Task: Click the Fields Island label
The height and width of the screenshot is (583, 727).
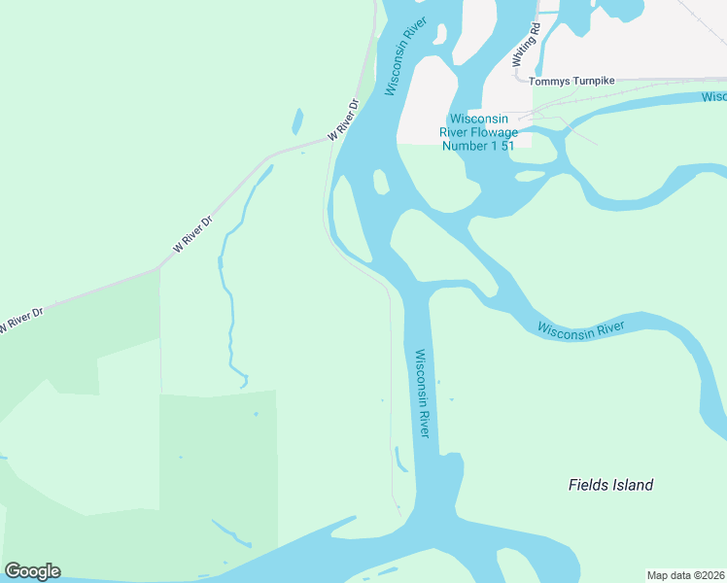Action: (x=610, y=485)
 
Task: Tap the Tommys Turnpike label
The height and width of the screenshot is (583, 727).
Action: (x=571, y=81)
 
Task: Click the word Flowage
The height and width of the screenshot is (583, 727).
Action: (x=494, y=131)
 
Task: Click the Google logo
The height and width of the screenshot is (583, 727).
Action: (x=32, y=570)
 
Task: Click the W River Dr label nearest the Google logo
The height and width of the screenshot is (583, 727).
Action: (x=21, y=320)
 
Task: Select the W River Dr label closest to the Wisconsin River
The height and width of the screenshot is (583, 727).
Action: (x=344, y=119)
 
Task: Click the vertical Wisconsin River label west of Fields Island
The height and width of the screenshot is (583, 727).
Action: (x=422, y=393)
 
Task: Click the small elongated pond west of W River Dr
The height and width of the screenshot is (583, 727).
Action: (x=296, y=121)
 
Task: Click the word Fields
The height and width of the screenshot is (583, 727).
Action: (x=587, y=485)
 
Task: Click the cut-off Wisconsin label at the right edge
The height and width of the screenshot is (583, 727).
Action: (x=714, y=97)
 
